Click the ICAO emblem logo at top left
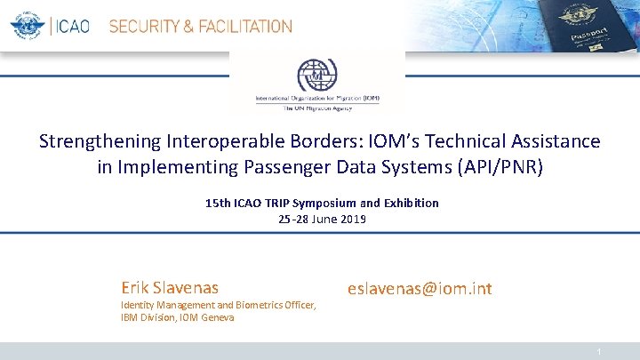point(28,25)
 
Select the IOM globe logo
point(316,75)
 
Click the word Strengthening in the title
point(100,141)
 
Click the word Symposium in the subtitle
point(324,203)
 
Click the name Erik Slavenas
point(170,287)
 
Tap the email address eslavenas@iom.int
point(420,288)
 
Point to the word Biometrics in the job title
point(252,305)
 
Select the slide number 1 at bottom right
point(600,353)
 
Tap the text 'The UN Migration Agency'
point(317,108)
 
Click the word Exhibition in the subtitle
point(410,203)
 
